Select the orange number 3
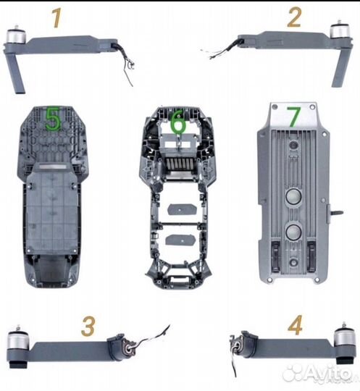pos(88,327)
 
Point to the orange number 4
pos(295,325)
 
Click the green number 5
pos(52,119)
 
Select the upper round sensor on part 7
pos(293,196)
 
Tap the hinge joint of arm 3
pos(123,345)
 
